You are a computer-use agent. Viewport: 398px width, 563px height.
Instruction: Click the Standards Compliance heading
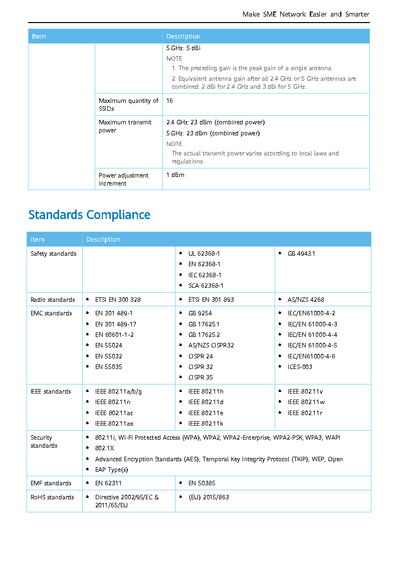(x=89, y=215)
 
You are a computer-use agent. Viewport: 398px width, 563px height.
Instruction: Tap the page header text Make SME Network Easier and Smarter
(x=306, y=14)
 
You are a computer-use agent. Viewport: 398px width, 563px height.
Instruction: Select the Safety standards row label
(x=54, y=254)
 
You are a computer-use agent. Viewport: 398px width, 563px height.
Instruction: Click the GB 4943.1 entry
(x=301, y=254)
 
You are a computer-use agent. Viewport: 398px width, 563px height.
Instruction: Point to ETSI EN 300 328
(x=118, y=300)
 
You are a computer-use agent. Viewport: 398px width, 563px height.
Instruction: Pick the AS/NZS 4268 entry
(x=306, y=300)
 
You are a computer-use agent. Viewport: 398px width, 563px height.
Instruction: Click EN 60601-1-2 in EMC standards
(x=114, y=334)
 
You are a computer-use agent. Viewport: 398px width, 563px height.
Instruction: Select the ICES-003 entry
(x=300, y=366)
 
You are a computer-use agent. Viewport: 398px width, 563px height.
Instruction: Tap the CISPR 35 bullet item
(x=201, y=378)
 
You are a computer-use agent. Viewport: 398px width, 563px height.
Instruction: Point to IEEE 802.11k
(x=206, y=424)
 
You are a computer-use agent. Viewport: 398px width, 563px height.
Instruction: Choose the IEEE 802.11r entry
(x=305, y=413)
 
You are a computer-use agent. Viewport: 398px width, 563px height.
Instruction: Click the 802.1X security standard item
(x=104, y=448)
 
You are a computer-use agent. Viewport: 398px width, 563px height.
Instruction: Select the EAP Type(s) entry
(x=111, y=470)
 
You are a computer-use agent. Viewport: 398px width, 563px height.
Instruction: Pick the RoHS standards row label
(x=52, y=497)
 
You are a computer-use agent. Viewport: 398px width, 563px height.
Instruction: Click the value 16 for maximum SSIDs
(x=169, y=101)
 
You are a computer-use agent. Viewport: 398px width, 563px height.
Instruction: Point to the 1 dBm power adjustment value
(x=175, y=175)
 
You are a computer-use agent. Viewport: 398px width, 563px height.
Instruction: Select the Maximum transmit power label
(x=125, y=126)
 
